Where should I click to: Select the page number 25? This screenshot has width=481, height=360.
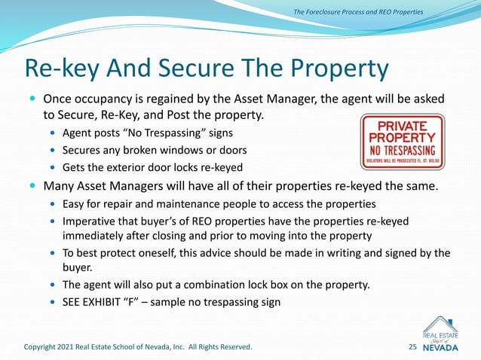coord(412,346)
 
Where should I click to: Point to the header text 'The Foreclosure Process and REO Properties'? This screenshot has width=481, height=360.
coord(358,11)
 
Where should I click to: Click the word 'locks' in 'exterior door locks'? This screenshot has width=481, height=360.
coord(177,166)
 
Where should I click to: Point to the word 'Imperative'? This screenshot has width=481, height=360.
coord(90,221)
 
